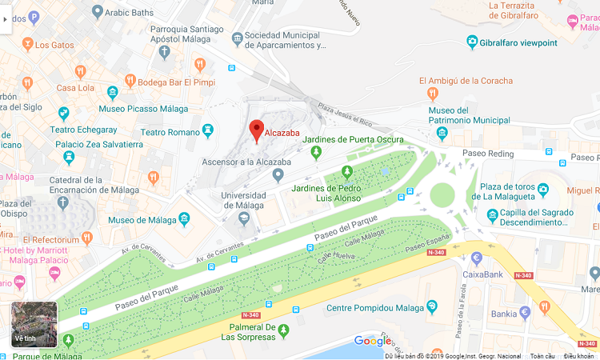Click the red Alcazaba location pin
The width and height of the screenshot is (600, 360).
pos(257,130)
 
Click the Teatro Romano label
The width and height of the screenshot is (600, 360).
pos(170,132)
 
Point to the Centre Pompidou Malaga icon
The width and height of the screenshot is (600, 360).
pos(433,307)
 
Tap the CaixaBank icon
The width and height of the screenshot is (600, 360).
pos(477,258)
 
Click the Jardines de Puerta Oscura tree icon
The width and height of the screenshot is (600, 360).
pos(316,151)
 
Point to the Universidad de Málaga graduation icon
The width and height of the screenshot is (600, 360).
pos(243,216)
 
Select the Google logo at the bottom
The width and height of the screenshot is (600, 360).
pos(373,341)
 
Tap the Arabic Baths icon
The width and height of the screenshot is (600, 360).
pos(98,11)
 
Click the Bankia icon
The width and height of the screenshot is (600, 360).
pos(525,313)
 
